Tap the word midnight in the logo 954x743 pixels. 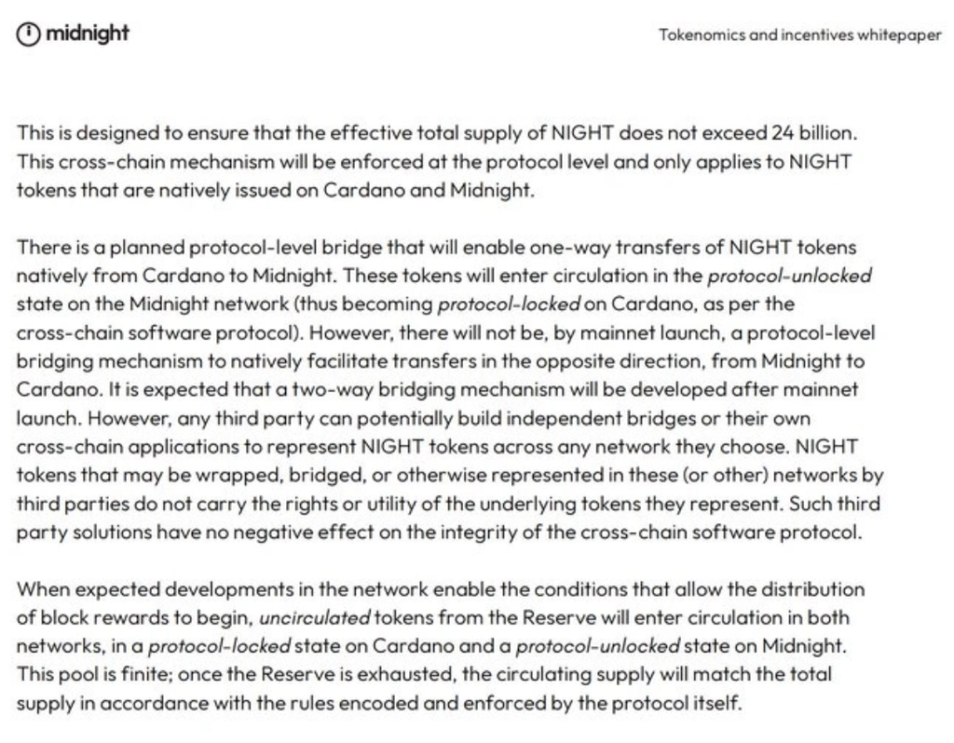click(88, 34)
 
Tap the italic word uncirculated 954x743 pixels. click(315, 618)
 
